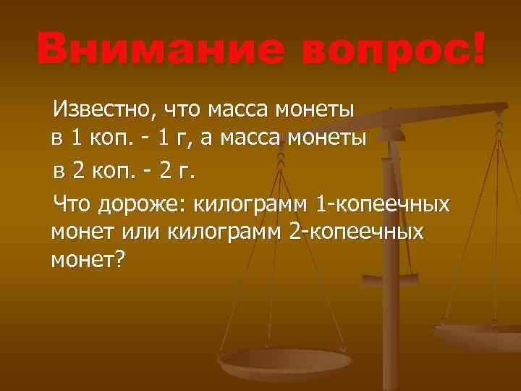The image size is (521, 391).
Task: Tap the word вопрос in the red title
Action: tap(369, 49)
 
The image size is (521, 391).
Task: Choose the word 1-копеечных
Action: tap(384, 203)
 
